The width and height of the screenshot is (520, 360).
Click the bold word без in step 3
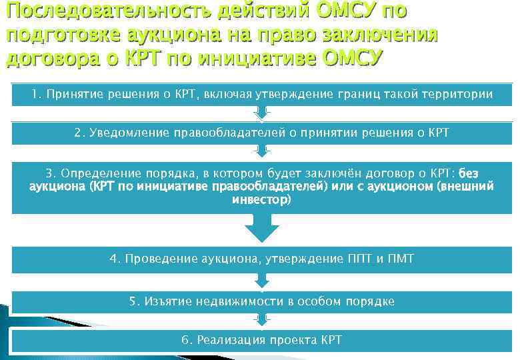pyautogui.click(x=469, y=173)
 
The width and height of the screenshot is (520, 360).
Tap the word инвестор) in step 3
pyautogui.click(x=261, y=199)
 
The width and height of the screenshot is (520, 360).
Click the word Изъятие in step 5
pyautogui.click(x=167, y=301)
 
